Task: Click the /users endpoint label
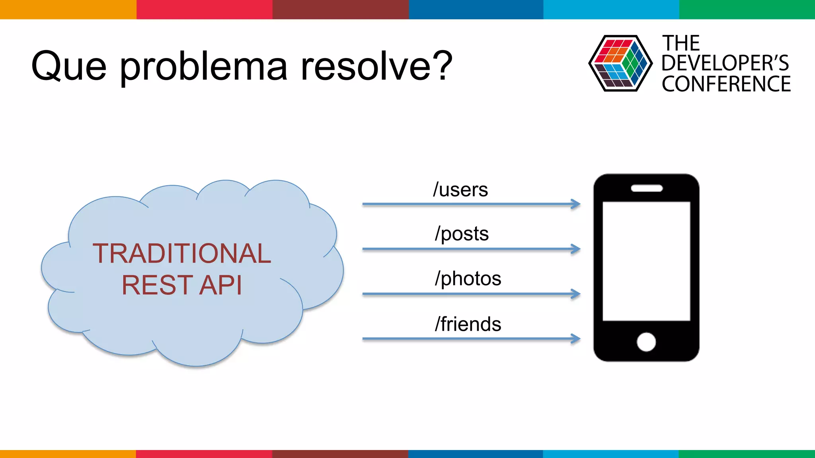coord(460,190)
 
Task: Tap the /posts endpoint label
coord(462,234)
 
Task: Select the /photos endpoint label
coord(468,278)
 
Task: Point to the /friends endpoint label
coord(468,324)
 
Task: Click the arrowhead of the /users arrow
coord(575,204)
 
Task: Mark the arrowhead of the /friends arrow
coord(575,339)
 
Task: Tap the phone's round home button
coord(646,342)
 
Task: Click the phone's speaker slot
coord(647,188)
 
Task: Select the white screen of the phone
coord(646,261)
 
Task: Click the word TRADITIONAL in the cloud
coord(182,254)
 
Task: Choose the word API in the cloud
coord(220,285)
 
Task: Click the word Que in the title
coord(69,66)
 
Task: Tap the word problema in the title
coord(203,67)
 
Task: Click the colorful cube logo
coord(620,64)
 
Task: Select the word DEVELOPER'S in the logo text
coord(725,63)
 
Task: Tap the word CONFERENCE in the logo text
coord(726,84)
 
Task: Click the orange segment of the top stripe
coord(68,9)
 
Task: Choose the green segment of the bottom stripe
coord(747,454)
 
